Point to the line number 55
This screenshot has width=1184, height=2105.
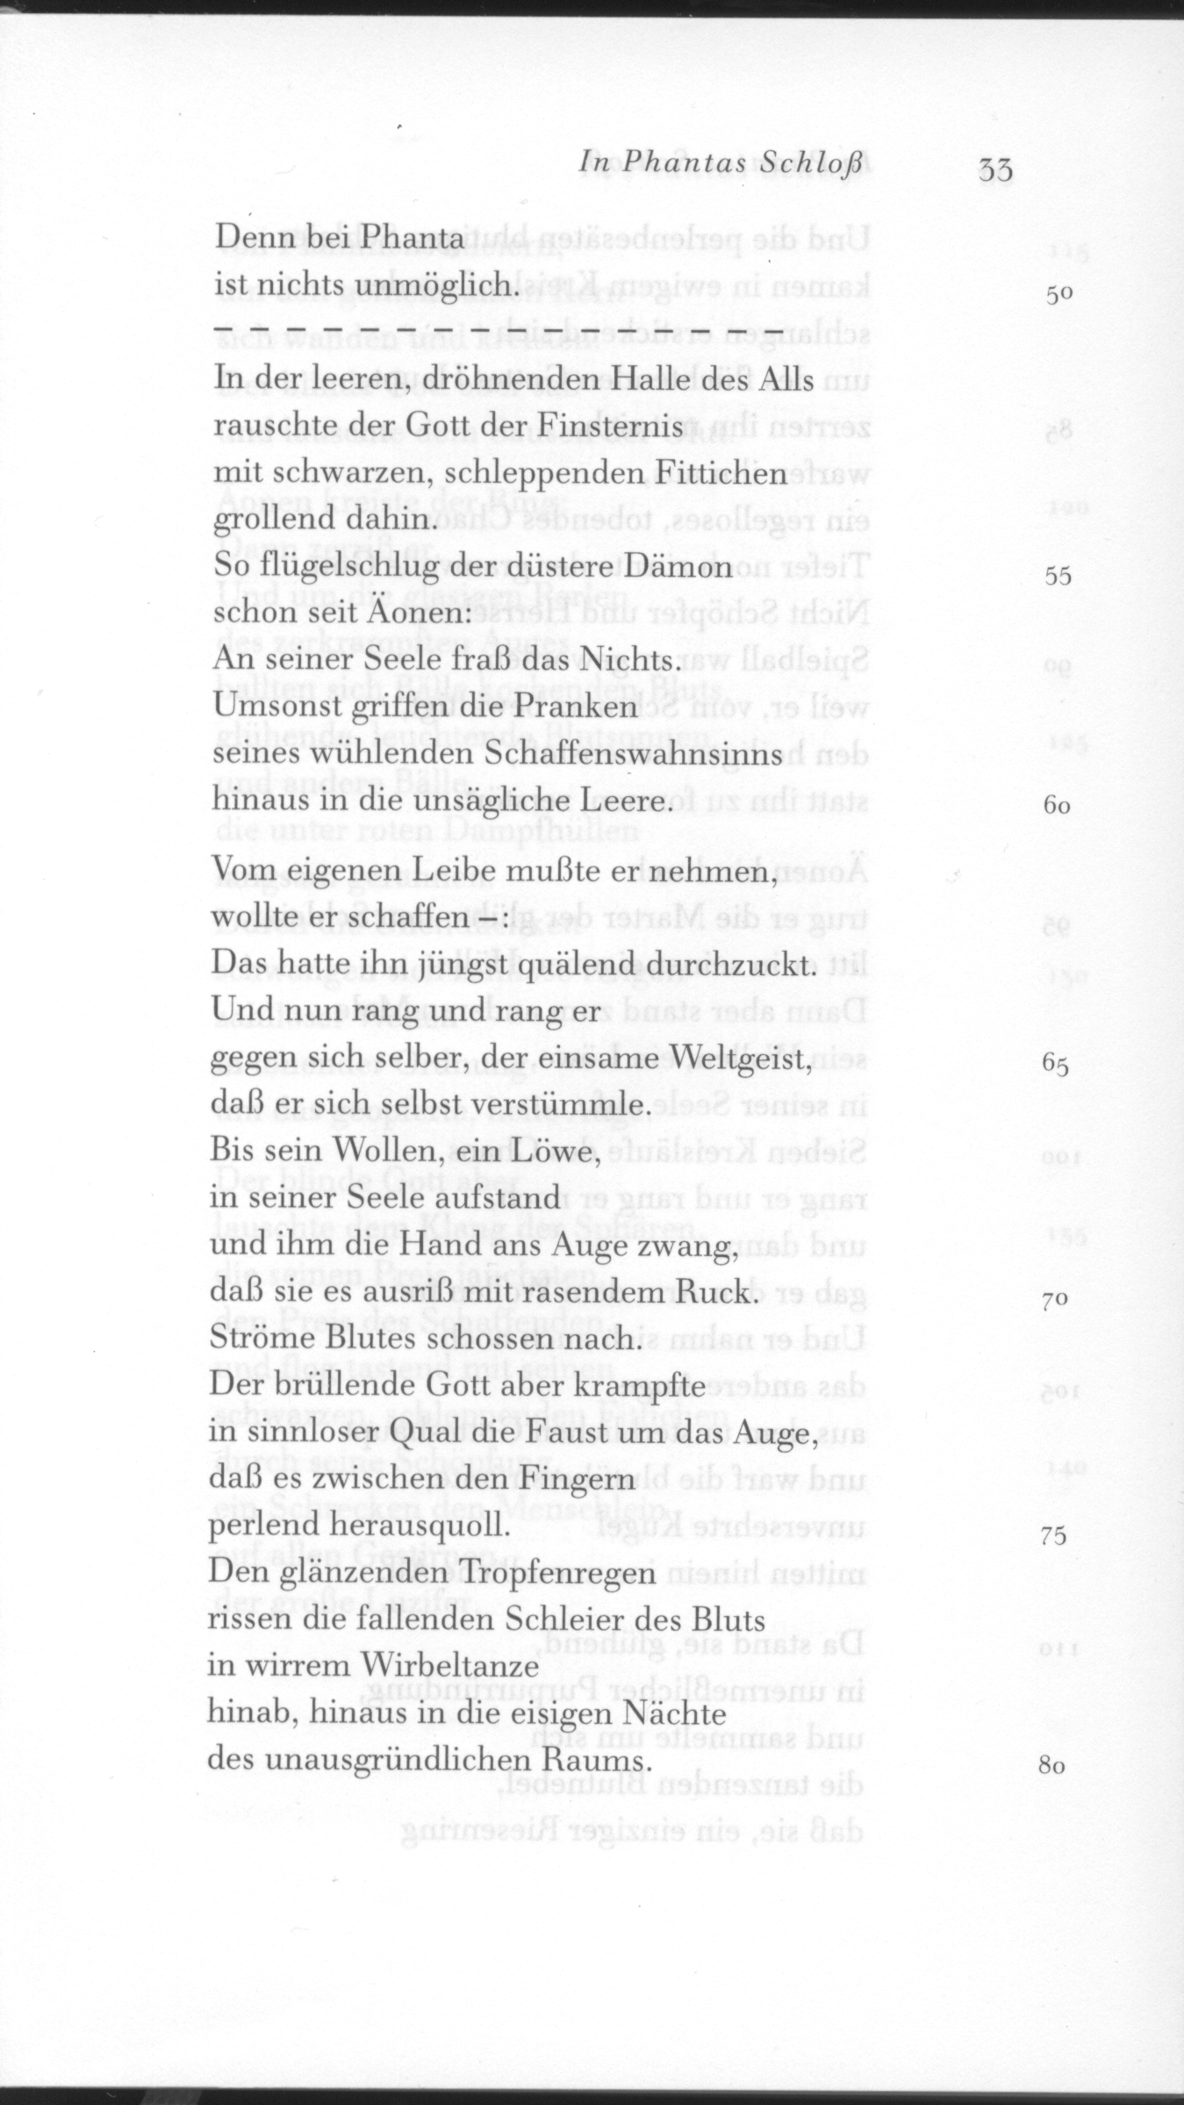coord(1058,576)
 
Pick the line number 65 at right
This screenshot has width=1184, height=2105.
coord(1056,1065)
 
